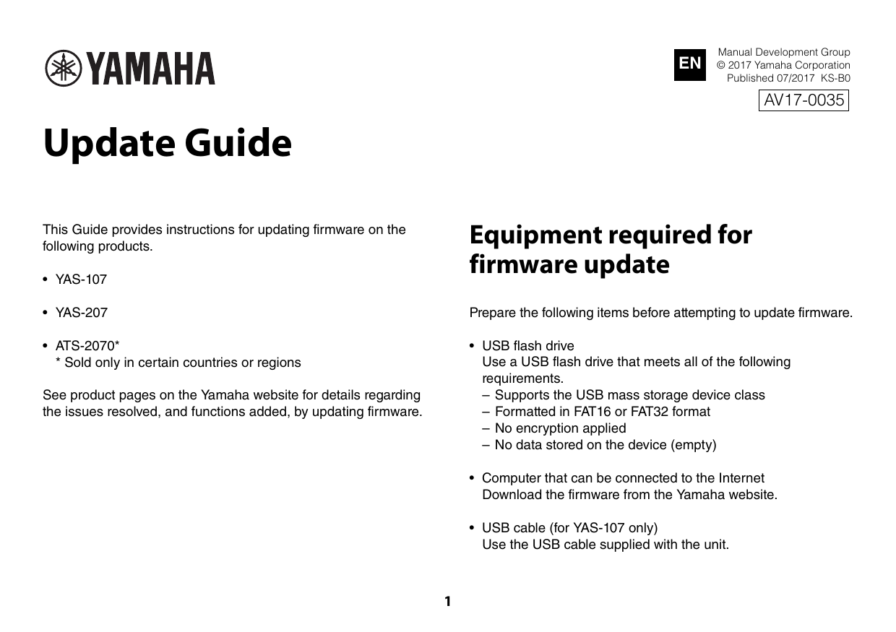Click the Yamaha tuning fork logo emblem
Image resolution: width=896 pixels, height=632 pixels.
[x=64, y=69]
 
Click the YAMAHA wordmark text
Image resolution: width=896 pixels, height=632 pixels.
[x=151, y=69]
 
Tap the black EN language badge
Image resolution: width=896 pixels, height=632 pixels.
[x=690, y=64]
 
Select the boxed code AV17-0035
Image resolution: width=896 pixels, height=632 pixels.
[x=804, y=100]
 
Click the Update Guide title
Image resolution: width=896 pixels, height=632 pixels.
[x=168, y=143]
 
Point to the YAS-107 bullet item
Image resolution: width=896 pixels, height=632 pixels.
[x=81, y=280]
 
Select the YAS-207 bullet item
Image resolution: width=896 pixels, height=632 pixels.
[x=81, y=313]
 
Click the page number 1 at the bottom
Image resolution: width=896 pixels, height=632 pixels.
[x=447, y=601]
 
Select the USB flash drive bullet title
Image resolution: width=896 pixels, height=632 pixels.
[x=527, y=345]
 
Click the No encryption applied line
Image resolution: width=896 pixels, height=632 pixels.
[x=560, y=428]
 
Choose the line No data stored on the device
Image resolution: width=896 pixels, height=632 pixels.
[x=605, y=445]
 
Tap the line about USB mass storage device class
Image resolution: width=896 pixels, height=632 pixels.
[x=629, y=395]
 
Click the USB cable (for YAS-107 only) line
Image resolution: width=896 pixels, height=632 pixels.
[x=569, y=527]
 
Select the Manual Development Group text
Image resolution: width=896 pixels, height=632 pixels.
[x=783, y=52]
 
